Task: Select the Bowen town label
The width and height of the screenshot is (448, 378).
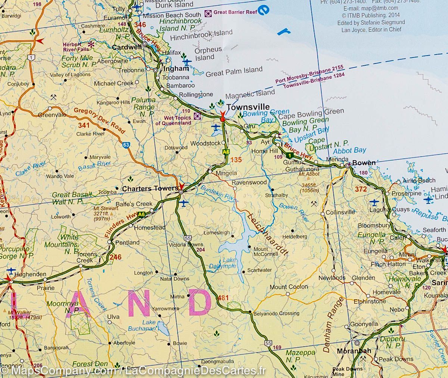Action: [364, 163]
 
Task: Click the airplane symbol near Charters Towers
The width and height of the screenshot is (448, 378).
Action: [183, 203]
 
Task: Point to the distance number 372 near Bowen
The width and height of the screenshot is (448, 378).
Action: [361, 189]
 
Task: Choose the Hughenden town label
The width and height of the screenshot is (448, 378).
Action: [28, 274]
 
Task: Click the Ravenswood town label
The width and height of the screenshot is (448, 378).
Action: [249, 182]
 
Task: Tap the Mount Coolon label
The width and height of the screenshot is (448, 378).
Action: [289, 287]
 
